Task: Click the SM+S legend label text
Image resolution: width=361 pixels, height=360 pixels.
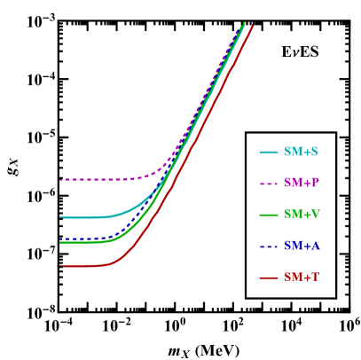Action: click(302, 153)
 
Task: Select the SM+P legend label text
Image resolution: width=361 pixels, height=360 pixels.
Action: click(302, 184)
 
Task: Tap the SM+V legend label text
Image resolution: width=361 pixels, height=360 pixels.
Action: click(302, 215)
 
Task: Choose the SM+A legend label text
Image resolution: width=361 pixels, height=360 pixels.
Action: click(302, 246)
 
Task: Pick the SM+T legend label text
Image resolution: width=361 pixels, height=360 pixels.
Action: click(302, 278)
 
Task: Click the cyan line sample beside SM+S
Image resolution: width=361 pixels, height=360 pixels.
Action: click(269, 153)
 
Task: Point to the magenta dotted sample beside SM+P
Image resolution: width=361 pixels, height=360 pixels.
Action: click(269, 184)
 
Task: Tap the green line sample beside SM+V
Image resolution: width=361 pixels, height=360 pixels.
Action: click(269, 215)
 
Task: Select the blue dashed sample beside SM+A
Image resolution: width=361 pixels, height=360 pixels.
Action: click(269, 246)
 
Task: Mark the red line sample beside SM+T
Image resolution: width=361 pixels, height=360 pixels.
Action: click(269, 278)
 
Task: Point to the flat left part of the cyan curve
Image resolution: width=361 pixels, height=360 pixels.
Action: click(84, 217)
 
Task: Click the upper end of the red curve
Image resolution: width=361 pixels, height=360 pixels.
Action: click(253, 27)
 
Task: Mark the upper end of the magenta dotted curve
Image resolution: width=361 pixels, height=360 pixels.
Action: click(242, 26)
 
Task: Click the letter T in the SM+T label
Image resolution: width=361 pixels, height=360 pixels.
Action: click(315, 278)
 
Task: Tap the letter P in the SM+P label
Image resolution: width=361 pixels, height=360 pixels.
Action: click(315, 184)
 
